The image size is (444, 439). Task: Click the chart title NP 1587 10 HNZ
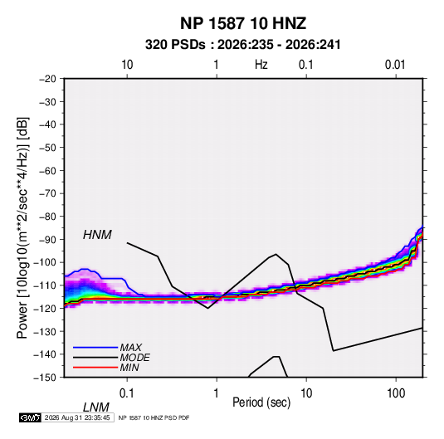[243, 23]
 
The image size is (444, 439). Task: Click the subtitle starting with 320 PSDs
[242, 45]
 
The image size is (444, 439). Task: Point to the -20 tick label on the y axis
[47, 79]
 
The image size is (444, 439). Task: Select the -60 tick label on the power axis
[47, 170]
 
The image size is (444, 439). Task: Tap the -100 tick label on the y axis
[45, 262]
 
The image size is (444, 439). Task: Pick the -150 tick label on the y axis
[45, 378]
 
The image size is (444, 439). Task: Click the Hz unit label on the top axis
[261, 65]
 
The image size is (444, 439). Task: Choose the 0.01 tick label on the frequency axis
[395, 65]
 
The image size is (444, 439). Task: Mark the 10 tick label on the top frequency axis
[127, 65]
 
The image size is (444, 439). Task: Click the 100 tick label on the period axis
[396, 393]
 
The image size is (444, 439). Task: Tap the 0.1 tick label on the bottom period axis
[127, 393]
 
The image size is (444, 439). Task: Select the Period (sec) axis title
[261, 402]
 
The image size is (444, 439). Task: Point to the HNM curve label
[97, 235]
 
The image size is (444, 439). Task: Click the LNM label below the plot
[96, 407]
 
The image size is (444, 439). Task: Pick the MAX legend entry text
[130, 348]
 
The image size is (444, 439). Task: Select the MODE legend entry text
[134, 358]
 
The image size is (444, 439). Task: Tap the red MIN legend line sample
[95, 368]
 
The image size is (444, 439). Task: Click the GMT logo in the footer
[31, 417]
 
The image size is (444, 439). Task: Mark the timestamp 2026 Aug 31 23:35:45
[77, 417]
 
